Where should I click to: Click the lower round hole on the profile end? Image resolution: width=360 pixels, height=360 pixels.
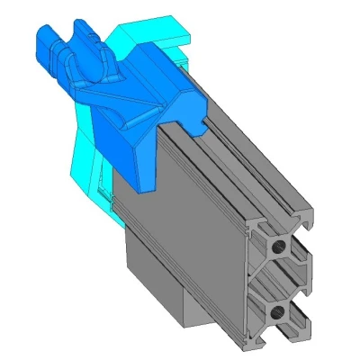(x=277, y=312)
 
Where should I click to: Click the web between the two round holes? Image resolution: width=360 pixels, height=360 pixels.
(x=278, y=279)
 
